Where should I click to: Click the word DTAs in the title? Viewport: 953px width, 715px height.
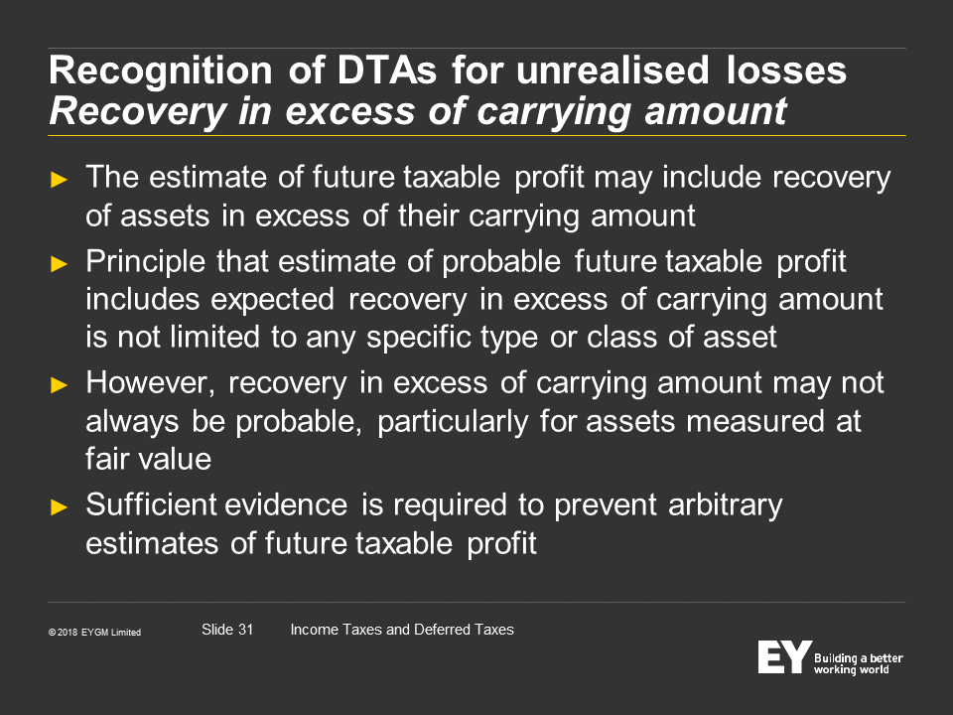tap(386, 70)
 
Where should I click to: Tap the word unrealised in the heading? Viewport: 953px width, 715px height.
tap(613, 70)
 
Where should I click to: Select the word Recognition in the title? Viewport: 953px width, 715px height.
tap(161, 71)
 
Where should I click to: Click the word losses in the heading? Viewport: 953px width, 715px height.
tap(786, 70)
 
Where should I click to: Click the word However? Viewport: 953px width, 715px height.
tap(150, 383)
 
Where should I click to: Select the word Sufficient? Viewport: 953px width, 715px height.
tap(151, 504)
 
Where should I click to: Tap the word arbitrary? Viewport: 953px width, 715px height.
tap(725, 505)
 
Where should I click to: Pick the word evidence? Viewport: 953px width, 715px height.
tap(286, 504)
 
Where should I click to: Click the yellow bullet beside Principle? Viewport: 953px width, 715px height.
tap(59, 264)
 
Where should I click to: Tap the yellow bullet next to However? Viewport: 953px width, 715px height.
tap(59, 385)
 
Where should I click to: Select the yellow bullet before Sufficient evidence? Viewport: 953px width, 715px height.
tap(59, 506)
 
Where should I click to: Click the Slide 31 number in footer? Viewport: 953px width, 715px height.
tap(227, 630)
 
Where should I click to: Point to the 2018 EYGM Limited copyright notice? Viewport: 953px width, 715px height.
tap(95, 633)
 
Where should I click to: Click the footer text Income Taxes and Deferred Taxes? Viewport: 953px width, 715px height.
tap(402, 630)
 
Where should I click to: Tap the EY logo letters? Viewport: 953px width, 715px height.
tap(784, 656)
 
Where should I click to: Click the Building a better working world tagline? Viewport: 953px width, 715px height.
tap(858, 664)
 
